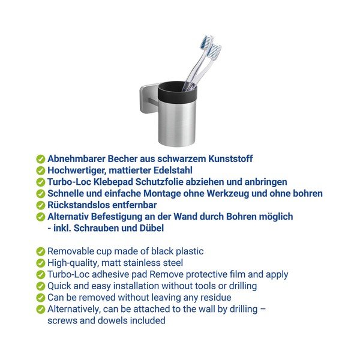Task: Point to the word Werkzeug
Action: click(x=228, y=194)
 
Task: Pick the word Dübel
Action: click(x=152, y=228)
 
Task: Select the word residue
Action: click(x=216, y=298)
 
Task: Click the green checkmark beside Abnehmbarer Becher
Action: click(x=40, y=159)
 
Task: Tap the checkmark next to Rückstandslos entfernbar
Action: click(x=40, y=205)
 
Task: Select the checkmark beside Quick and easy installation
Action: click(x=40, y=286)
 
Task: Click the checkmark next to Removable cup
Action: click(x=40, y=251)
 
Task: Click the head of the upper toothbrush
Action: click(x=206, y=42)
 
